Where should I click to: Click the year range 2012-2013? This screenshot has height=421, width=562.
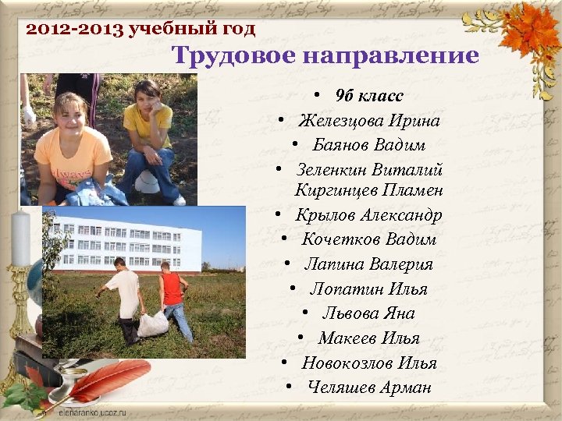point(74,30)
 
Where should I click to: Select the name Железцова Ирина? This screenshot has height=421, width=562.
point(368,122)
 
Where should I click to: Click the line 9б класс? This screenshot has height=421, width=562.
point(368,97)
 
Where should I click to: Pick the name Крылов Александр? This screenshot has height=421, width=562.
point(369,215)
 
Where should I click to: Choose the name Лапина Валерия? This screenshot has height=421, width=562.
point(368,265)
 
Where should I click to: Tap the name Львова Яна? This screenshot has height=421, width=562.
point(368,313)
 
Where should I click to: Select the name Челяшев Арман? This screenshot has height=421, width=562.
point(368,387)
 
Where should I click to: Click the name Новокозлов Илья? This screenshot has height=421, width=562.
point(369,363)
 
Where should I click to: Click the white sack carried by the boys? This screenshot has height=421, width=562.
point(153,323)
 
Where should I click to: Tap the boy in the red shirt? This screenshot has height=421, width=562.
point(173,296)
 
